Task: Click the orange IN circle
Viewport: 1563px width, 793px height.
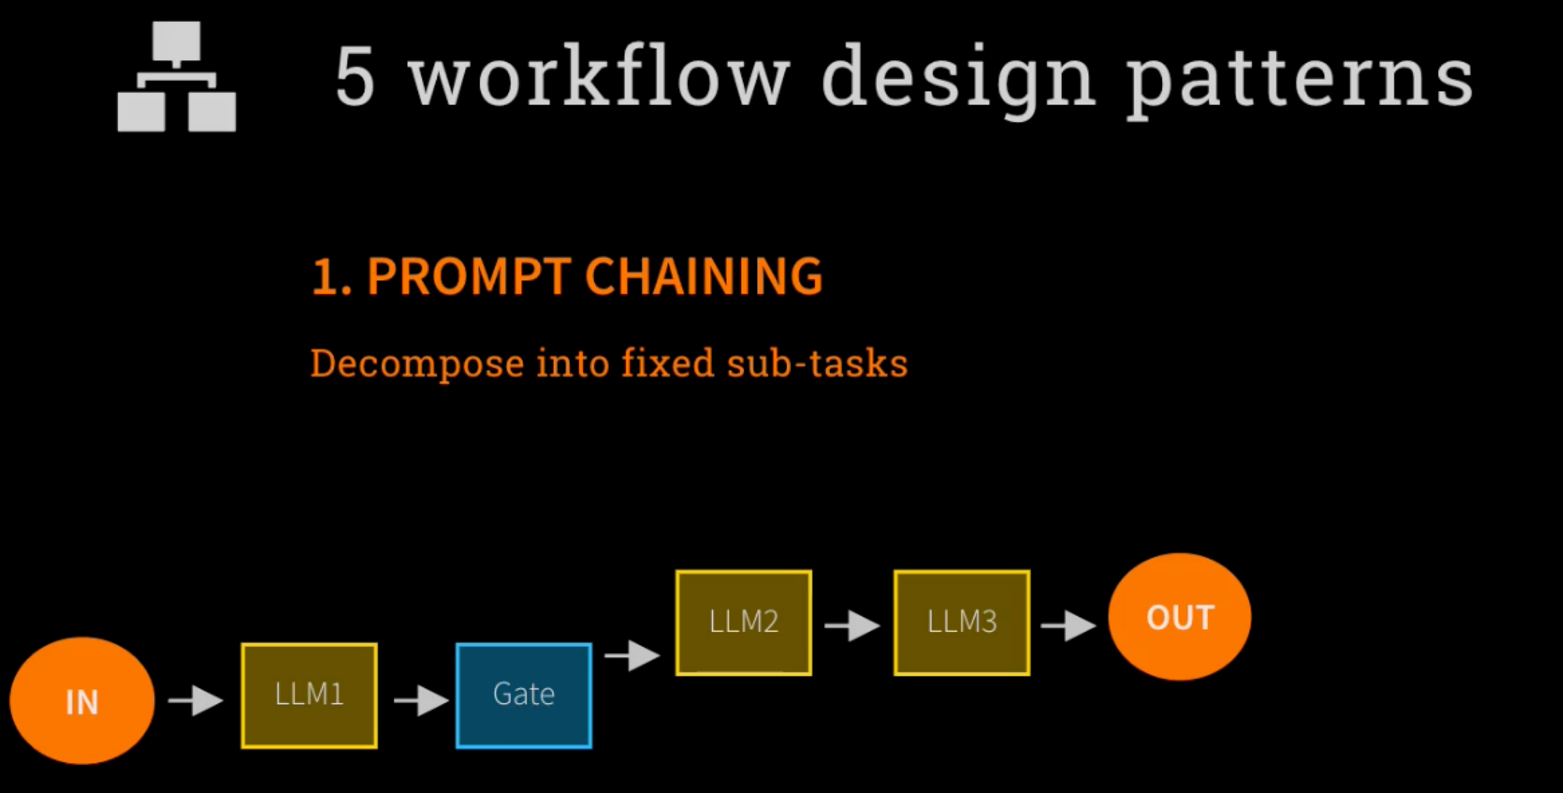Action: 82,701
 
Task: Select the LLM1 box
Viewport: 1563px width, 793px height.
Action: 309,695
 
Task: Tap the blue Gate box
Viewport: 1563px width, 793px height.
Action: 524,695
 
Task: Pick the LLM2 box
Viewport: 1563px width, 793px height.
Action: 743,623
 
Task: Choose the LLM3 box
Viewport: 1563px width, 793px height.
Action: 961,623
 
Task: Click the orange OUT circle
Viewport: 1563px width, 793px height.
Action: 1179,617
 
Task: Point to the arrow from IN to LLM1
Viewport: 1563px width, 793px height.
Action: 196,700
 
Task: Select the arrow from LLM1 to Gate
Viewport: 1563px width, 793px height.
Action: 421,700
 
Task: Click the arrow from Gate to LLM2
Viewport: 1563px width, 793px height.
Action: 633,655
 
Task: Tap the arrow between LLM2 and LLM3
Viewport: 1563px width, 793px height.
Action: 853,626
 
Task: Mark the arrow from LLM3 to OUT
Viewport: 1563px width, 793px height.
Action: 1069,626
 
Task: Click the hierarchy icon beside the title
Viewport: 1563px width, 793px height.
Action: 177,77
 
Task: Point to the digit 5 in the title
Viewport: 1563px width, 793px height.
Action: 356,77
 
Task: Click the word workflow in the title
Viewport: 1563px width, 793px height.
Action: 599,77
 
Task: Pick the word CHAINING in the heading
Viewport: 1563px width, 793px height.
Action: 703,277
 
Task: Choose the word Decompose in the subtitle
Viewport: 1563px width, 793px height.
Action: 417,364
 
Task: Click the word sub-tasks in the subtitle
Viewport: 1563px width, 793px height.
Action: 817,364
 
